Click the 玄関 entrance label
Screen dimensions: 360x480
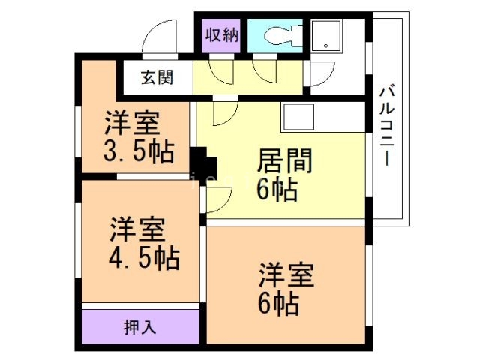coord(157,77)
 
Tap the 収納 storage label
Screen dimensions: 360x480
coord(222,34)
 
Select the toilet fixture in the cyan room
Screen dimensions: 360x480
coord(279,34)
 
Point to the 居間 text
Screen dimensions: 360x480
coord(284,161)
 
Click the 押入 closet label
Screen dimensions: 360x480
coord(140,326)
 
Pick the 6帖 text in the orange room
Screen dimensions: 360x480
coord(277,302)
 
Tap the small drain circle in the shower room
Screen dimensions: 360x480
coord(327,46)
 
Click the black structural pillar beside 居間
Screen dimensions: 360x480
coord(202,161)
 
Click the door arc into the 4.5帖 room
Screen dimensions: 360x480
coord(218,201)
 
